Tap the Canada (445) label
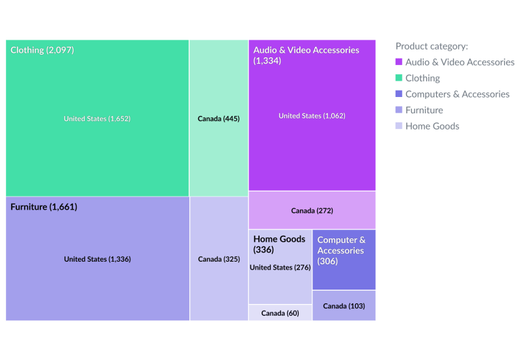[219, 118]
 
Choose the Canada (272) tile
[312, 210]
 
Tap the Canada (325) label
[219, 259]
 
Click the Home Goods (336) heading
[279, 244]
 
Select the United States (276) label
[280, 268]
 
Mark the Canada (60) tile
[280, 313]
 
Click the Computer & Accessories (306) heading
[341, 251]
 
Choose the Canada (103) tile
[344, 306]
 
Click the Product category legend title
[431, 46]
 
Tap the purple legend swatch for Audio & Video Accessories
[399, 62]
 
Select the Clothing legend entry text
[422, 78]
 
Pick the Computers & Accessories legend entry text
[457, 94]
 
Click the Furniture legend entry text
[424, 110]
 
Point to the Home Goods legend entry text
[432, 126]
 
